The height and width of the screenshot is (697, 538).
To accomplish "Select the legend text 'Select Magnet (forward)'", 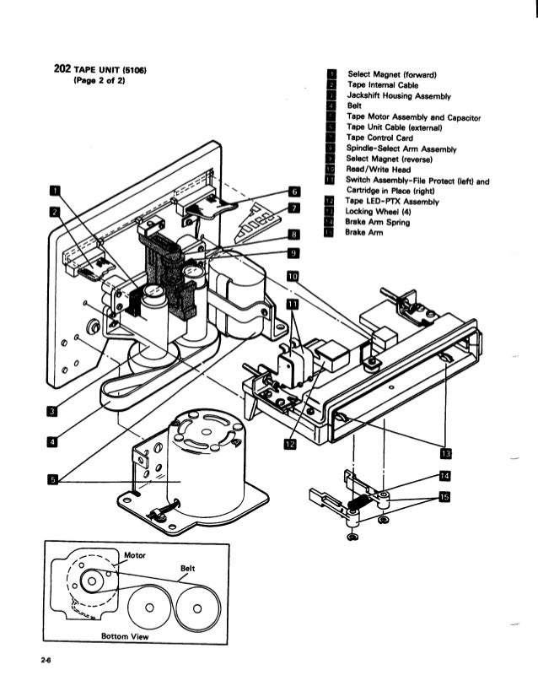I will point(386,74).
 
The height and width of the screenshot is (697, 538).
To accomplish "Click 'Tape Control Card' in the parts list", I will point(380,138).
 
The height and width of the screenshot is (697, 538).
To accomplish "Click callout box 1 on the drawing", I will point(55,188).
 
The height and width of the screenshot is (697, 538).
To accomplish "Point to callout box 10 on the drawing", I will point(293,276).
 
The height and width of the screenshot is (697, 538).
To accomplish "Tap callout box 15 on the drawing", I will point(444,497).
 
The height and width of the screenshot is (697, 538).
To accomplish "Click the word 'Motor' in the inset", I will point(135,555).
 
